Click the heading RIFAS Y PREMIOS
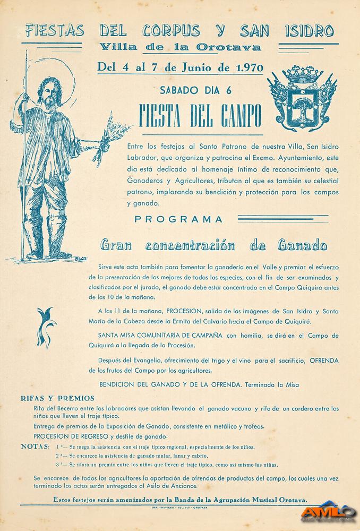(x=57, y=398)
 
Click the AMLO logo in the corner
(x=329, y=511)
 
